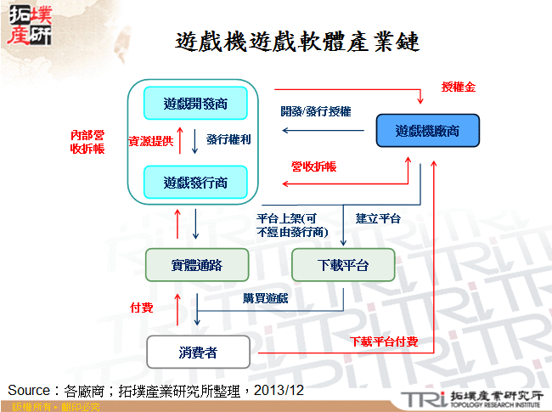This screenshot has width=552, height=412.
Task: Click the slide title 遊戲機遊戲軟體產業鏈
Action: pyautogui.click(x=297, y=42)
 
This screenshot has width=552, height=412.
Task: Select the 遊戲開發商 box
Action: pyautogui.click(x=195, y=104)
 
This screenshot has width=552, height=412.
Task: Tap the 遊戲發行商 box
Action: pyautogui.click(x=195, y=180)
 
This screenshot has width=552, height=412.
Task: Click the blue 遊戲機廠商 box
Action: pyautogui.click(x=427, y=131)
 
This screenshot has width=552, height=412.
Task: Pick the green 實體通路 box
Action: pyautogui.click(x=196, y=265)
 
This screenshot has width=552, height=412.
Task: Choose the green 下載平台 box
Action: pyautogui.click(x=343, y=265)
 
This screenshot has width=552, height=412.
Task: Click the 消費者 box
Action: pyautogui.click(x=198, y=351)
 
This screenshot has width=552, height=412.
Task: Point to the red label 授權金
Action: pyautogui.click(x=459, y=87)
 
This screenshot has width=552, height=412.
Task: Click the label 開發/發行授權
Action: pyautogui.click(x=316, y=111)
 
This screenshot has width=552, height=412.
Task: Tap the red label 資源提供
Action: pyautogui.click(x=150, y=141)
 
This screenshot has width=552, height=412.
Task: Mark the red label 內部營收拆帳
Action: pyautogui.click(x=87, y=142)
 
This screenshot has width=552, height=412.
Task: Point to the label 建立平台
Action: pyautogui.click(x=378, y=218)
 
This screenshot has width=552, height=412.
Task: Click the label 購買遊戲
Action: pyautogui.click(x=265, y=298)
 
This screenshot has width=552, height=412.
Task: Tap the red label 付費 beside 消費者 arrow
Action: pyautogui.click(x=141, y=307)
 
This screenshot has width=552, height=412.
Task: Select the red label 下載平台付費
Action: pyautogui.click(x=384, y=341)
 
